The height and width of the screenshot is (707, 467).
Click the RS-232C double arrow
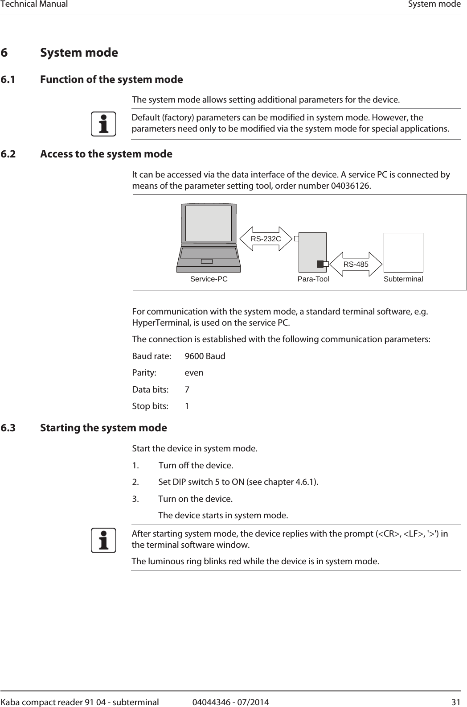click(266, 239)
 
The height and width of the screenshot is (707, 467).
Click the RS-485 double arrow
click(356, 264)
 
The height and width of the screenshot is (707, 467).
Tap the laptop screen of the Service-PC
click(209, 223)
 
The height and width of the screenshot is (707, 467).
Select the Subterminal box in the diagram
click(403, 252)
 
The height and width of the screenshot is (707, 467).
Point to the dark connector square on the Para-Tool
click(320, 264)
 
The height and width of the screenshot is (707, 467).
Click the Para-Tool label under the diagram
click(313, 279)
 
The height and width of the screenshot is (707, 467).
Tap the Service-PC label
click(209, 279)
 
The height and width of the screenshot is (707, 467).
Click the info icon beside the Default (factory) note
click(103, 124)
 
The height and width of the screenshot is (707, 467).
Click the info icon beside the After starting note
click(103, 540)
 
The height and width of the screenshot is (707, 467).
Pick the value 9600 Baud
click(205, 356)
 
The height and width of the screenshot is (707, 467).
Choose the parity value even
click(194, 373)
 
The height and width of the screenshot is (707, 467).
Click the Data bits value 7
click(187, 390)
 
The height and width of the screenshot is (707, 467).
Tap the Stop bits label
click(150, 406)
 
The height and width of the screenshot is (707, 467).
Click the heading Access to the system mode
click(106, 154)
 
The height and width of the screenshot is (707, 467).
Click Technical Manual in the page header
click(34, 4)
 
